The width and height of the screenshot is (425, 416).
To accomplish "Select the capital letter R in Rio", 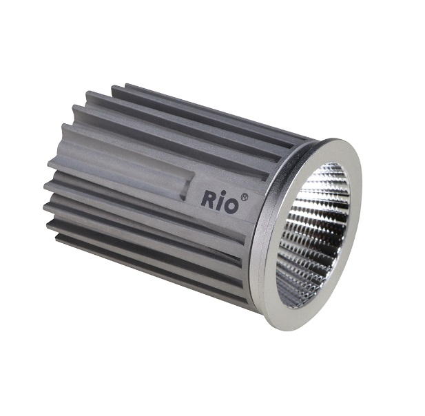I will click(x=207, y=200).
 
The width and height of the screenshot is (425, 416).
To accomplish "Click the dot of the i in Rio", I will click(x=220, y=192).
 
